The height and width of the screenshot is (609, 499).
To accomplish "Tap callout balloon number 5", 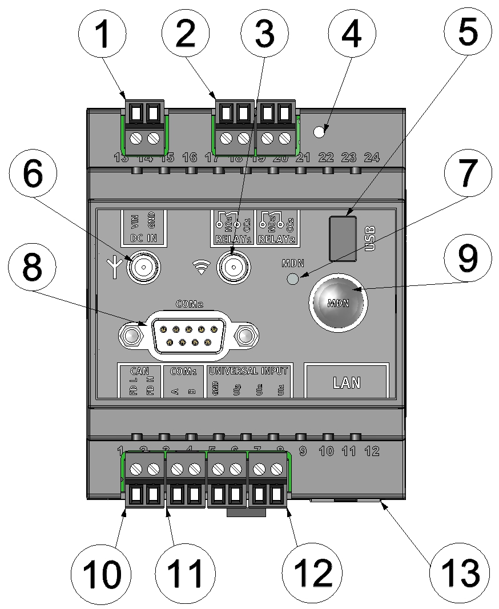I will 466,35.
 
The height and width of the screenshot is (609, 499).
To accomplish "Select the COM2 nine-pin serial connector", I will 188,334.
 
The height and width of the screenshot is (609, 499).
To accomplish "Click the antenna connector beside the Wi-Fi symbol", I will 232,265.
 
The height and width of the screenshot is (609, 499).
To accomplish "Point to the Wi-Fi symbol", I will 200,266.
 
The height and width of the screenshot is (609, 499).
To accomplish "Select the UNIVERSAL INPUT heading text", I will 249,370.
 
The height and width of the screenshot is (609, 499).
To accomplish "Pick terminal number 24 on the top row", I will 372,157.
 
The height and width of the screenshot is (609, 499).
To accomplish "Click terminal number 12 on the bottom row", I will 372,451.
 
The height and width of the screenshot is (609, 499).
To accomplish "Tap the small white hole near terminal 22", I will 320,132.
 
